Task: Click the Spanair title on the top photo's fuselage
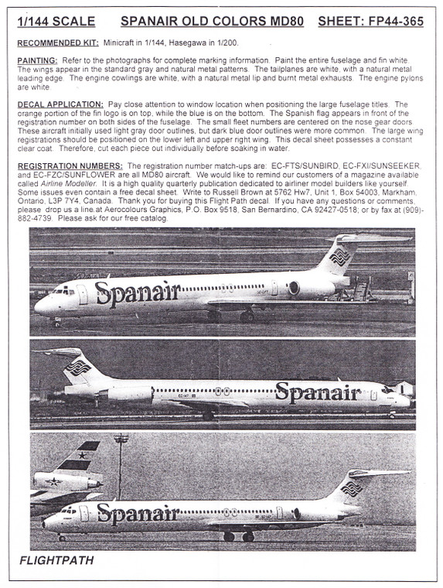point(138,292)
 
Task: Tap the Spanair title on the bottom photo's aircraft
point(138,512)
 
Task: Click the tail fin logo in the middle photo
point(77,367)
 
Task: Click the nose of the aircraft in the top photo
point(38,304)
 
